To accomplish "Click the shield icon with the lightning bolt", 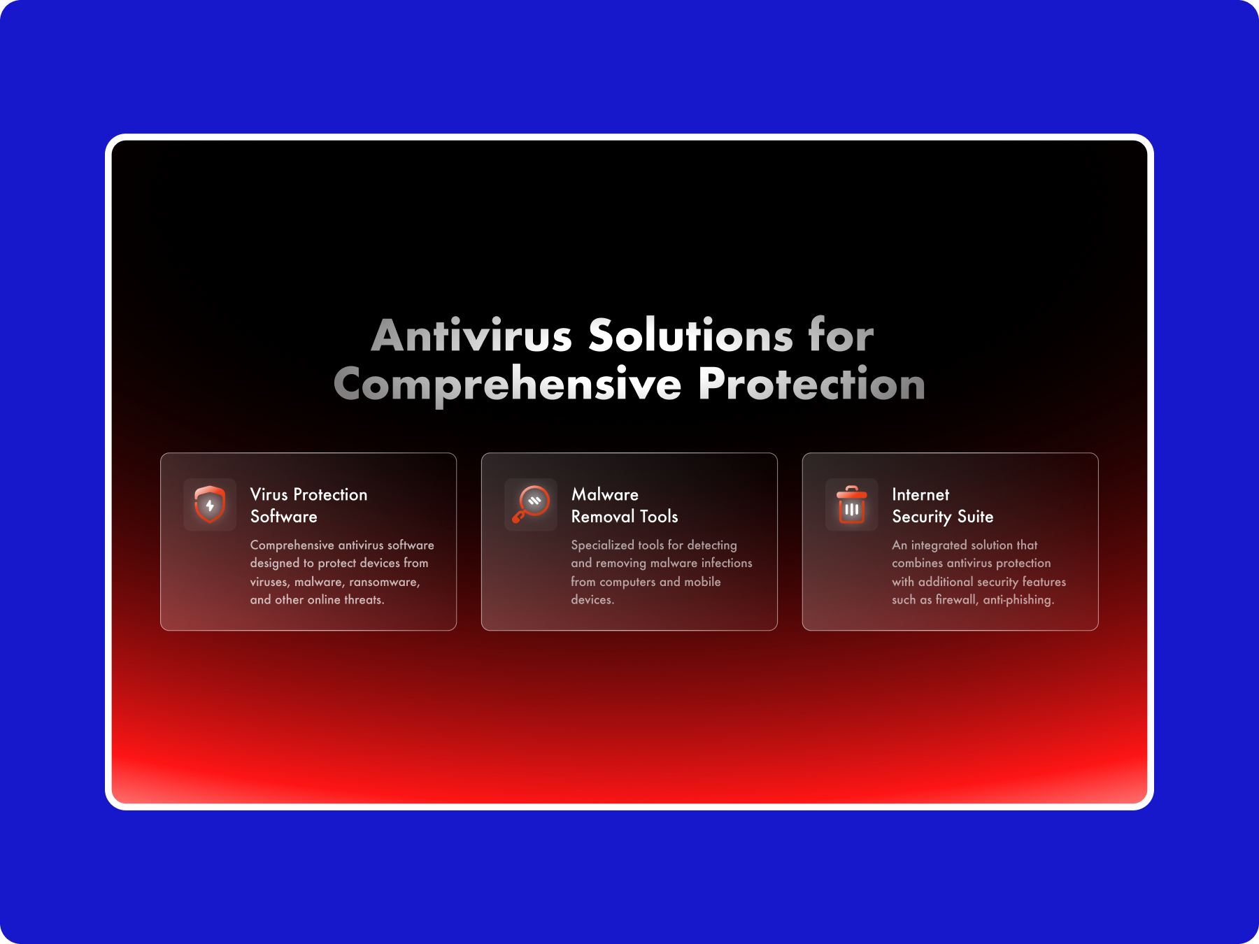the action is [x=210, y=504].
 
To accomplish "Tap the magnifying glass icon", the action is [x=531, y=504].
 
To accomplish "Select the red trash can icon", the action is [x=852, y=504].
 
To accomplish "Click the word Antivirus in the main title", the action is [x=472, y=336].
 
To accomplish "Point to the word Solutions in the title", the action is [x=691, y=336].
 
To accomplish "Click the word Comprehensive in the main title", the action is [x=508, y=385].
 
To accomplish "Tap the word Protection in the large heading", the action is [x=812, y=385].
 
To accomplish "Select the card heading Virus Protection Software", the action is [x=308, y=506].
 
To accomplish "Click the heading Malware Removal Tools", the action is [x=625, y=506].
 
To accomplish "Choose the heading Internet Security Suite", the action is [x=943, y=506].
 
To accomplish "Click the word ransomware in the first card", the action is [x=385, y=582].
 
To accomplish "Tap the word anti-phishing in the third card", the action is [x=1018, y=600].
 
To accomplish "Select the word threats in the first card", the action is [x=364, y=600].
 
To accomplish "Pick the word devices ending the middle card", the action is [x=592, y=600].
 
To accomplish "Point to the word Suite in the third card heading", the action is [x=975, y=517].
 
